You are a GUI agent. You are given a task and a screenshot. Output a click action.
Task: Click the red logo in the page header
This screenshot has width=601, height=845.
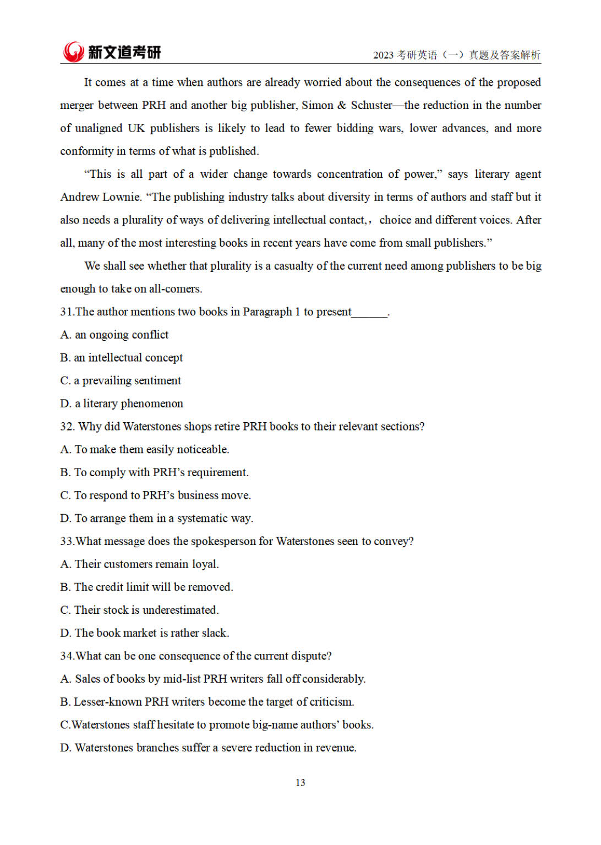[x=73, y=52]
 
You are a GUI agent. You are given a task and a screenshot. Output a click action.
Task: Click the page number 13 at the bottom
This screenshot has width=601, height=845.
[x=300, y=782]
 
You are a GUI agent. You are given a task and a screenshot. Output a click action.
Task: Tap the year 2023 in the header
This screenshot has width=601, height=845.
[x=383, y=55]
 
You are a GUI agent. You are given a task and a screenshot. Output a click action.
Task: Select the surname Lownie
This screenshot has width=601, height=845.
[x=121, y=197]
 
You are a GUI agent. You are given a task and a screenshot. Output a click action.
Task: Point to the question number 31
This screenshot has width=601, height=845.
[x=66, y=312]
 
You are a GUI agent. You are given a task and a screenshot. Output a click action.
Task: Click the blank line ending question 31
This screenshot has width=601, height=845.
[x=369, y=313]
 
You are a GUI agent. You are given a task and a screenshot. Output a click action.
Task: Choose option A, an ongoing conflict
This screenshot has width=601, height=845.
[x=114, y=335]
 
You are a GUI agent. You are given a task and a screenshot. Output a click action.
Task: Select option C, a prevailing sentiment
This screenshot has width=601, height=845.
[x=120, y=380]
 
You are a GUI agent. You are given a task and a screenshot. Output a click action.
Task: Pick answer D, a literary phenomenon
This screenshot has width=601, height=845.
[x=121, y=404]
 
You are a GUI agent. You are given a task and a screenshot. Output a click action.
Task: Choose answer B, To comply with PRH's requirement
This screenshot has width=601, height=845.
[x=154, y=472]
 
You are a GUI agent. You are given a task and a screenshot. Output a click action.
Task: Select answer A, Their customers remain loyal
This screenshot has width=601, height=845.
[x=139, y=564]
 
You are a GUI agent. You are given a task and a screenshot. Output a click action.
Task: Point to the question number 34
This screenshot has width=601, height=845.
[x=67, y=656]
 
